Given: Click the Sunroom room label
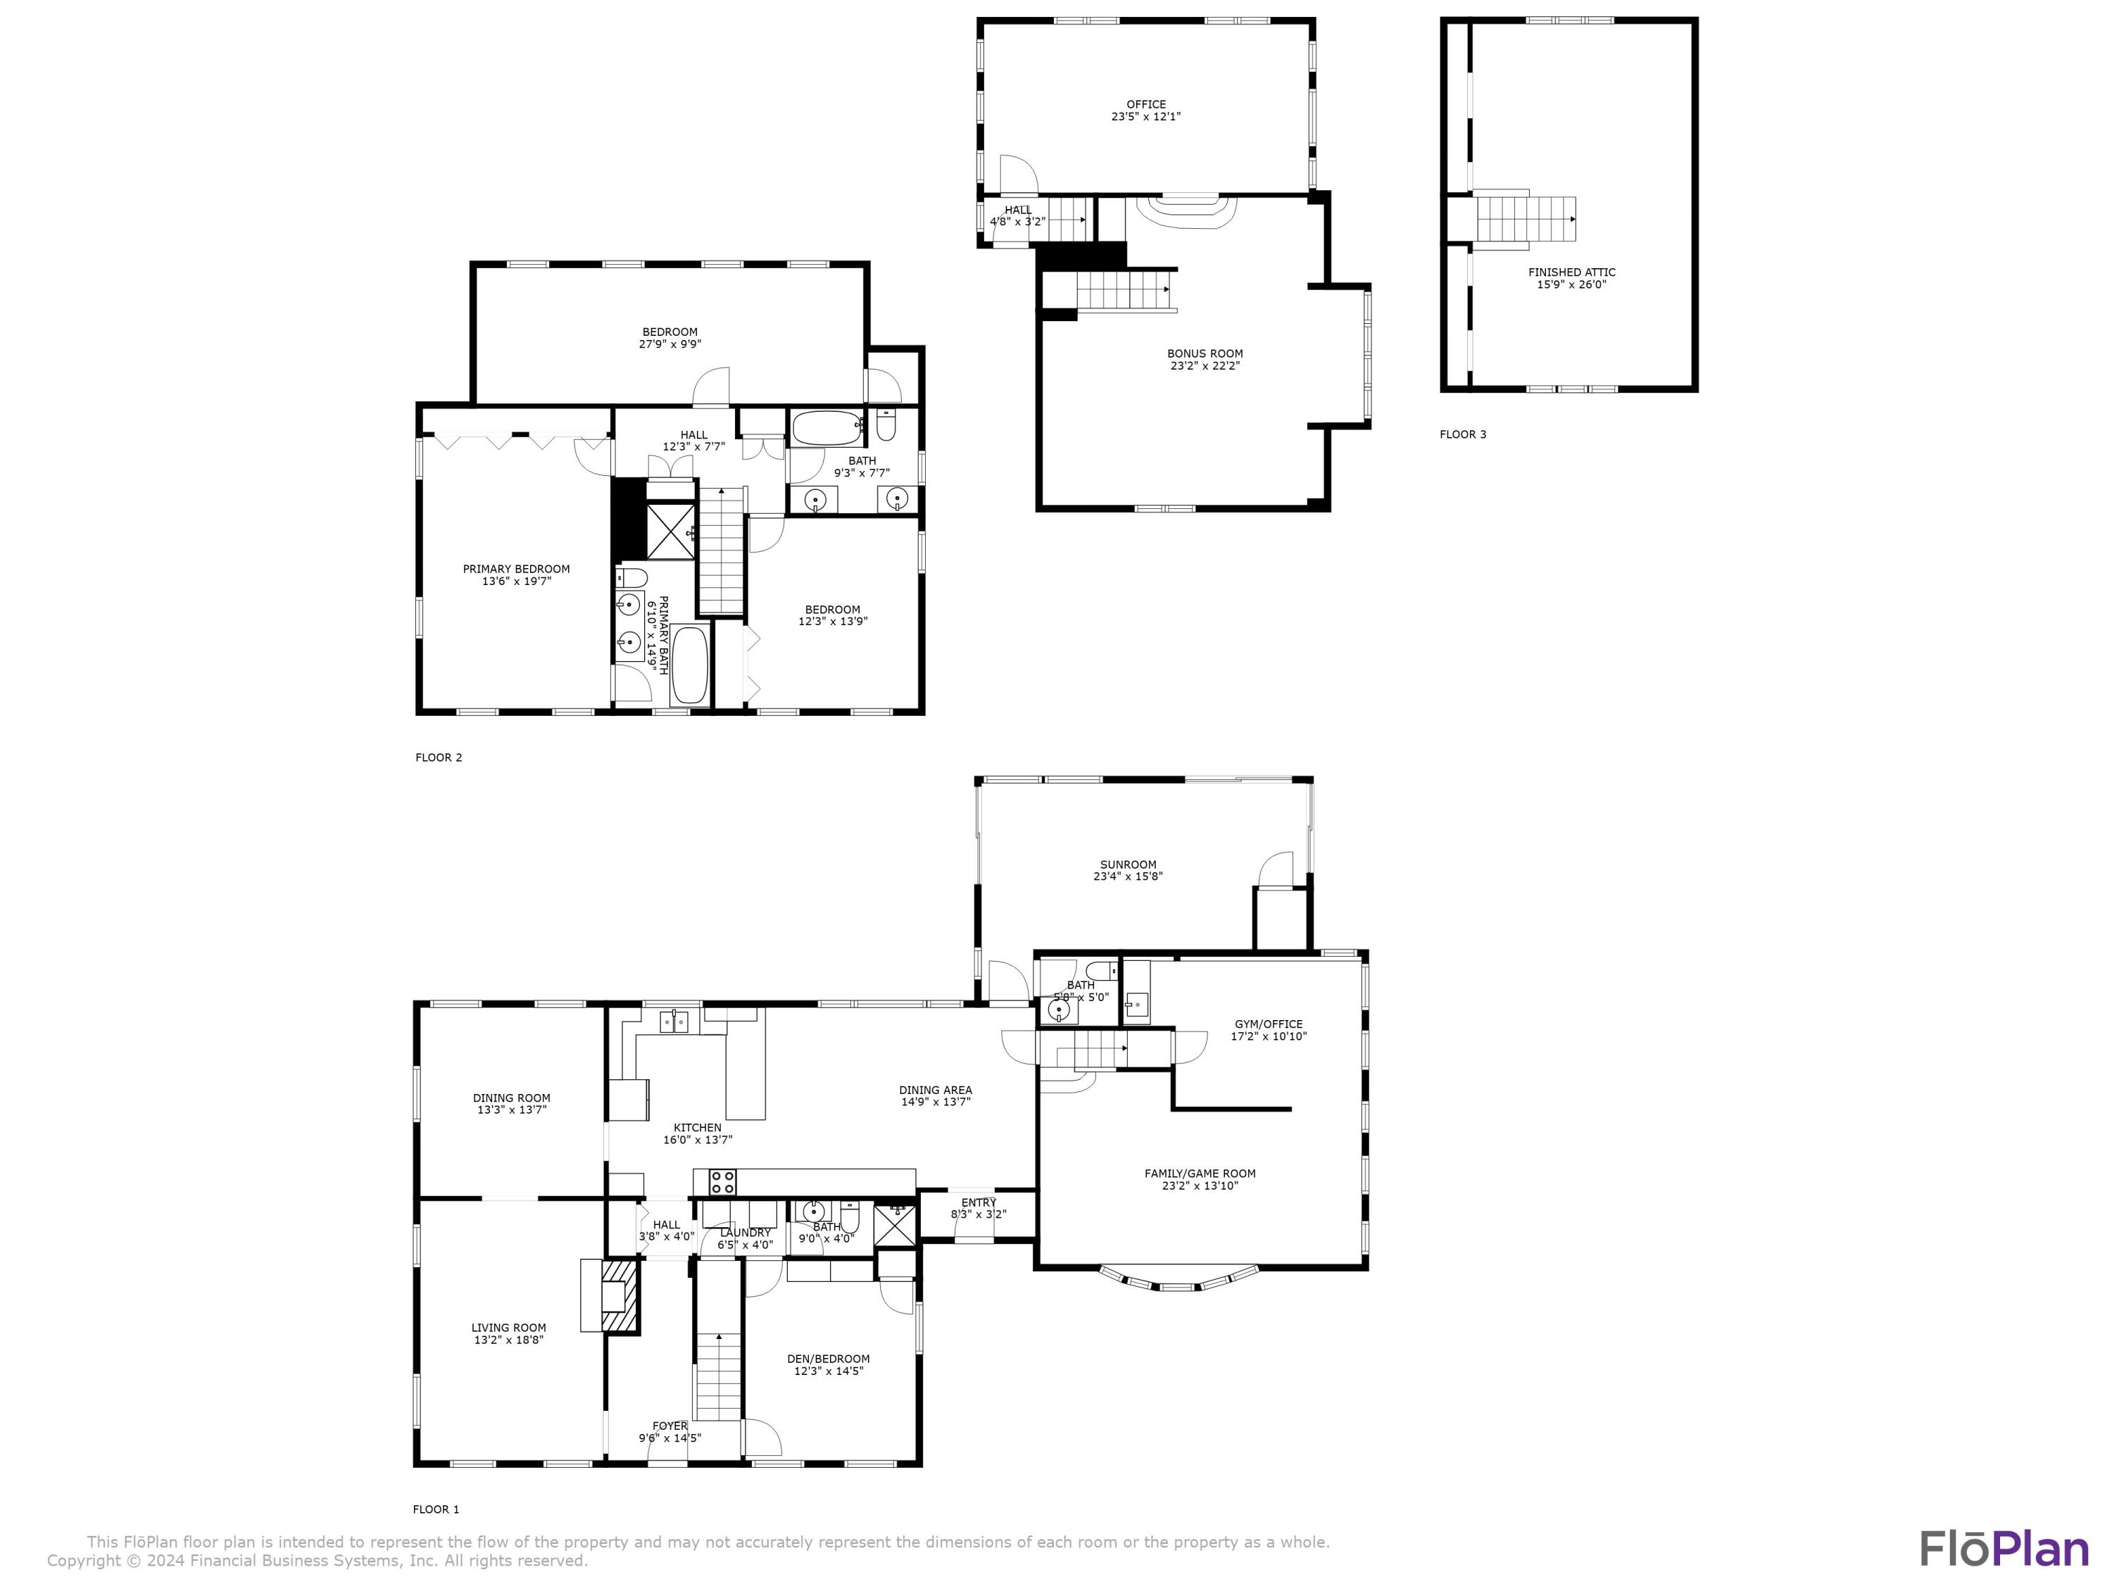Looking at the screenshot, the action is [1128, 864].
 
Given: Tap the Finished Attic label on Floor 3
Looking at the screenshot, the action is [1571, 272].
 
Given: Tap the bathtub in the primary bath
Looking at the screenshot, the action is [689, 665].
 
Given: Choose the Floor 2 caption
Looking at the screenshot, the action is [439, 757].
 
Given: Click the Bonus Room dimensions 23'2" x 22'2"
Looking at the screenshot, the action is [1205, 365].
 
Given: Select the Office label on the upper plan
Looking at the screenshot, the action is [1145, 104].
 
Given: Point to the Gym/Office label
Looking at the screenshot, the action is [1268, 1024].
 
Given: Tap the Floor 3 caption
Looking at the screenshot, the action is [1463, 434].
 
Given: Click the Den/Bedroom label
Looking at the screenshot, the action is [829, 1359].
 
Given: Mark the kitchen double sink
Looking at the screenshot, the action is [676, 1022].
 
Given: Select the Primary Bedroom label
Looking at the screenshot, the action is [517, 569].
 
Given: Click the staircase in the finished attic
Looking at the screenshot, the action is [1526, 219].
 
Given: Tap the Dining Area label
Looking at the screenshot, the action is [936, 1089].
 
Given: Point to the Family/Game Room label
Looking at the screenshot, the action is [1200, 1174].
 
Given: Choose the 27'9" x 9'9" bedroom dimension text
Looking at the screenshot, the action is [670, 344].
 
